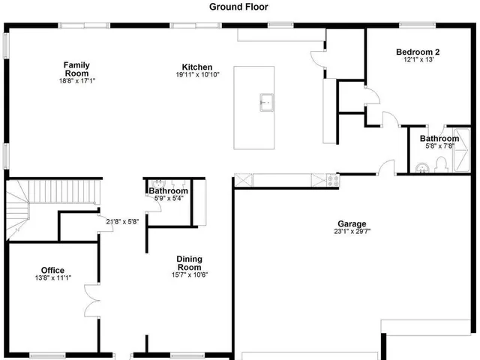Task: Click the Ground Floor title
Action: point(239,7)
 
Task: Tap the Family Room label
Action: point(76,69)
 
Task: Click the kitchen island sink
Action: point(265,101)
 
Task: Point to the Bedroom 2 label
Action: point(418,52)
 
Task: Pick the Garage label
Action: point(352,223)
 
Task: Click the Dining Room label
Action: point(189,263)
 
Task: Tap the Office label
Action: point(52,270)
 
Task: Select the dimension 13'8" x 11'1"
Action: point(52,278)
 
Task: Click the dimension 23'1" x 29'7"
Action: point(352,231)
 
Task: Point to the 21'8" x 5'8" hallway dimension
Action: point(122,221)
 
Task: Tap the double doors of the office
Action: point(91,300)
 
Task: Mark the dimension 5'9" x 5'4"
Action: point(167,199)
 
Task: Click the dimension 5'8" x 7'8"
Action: point(439,146)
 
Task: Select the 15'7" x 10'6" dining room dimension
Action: point(189,274)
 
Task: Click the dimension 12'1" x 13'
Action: point(418,59)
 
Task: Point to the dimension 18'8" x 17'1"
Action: point(76,81)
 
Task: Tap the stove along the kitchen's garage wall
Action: point(332,179)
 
